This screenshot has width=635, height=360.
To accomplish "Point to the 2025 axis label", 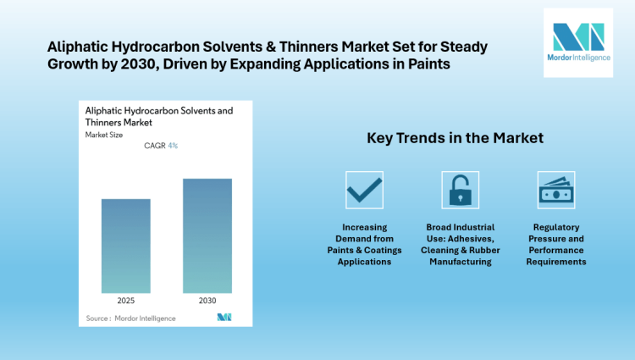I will [125, 301].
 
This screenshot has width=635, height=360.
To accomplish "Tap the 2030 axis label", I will [207, 301].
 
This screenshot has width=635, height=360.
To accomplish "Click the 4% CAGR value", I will [173, 146].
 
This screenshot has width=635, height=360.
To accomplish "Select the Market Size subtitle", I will [103, 134].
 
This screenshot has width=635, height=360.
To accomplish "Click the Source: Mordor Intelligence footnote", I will [130, 318].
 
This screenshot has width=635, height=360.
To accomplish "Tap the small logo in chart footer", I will [224, 318].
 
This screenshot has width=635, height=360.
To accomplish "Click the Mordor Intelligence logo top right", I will [577, 43].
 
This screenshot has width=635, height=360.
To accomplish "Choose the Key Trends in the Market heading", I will [454, 138].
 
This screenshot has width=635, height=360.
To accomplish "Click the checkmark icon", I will [364, 190].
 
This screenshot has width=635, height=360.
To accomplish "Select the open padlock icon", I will [461, 190].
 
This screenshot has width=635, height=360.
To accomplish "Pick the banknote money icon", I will [556, 190].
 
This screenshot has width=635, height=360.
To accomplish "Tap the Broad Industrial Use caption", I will [461, 245].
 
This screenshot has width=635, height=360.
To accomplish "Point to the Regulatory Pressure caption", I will [556, 245].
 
